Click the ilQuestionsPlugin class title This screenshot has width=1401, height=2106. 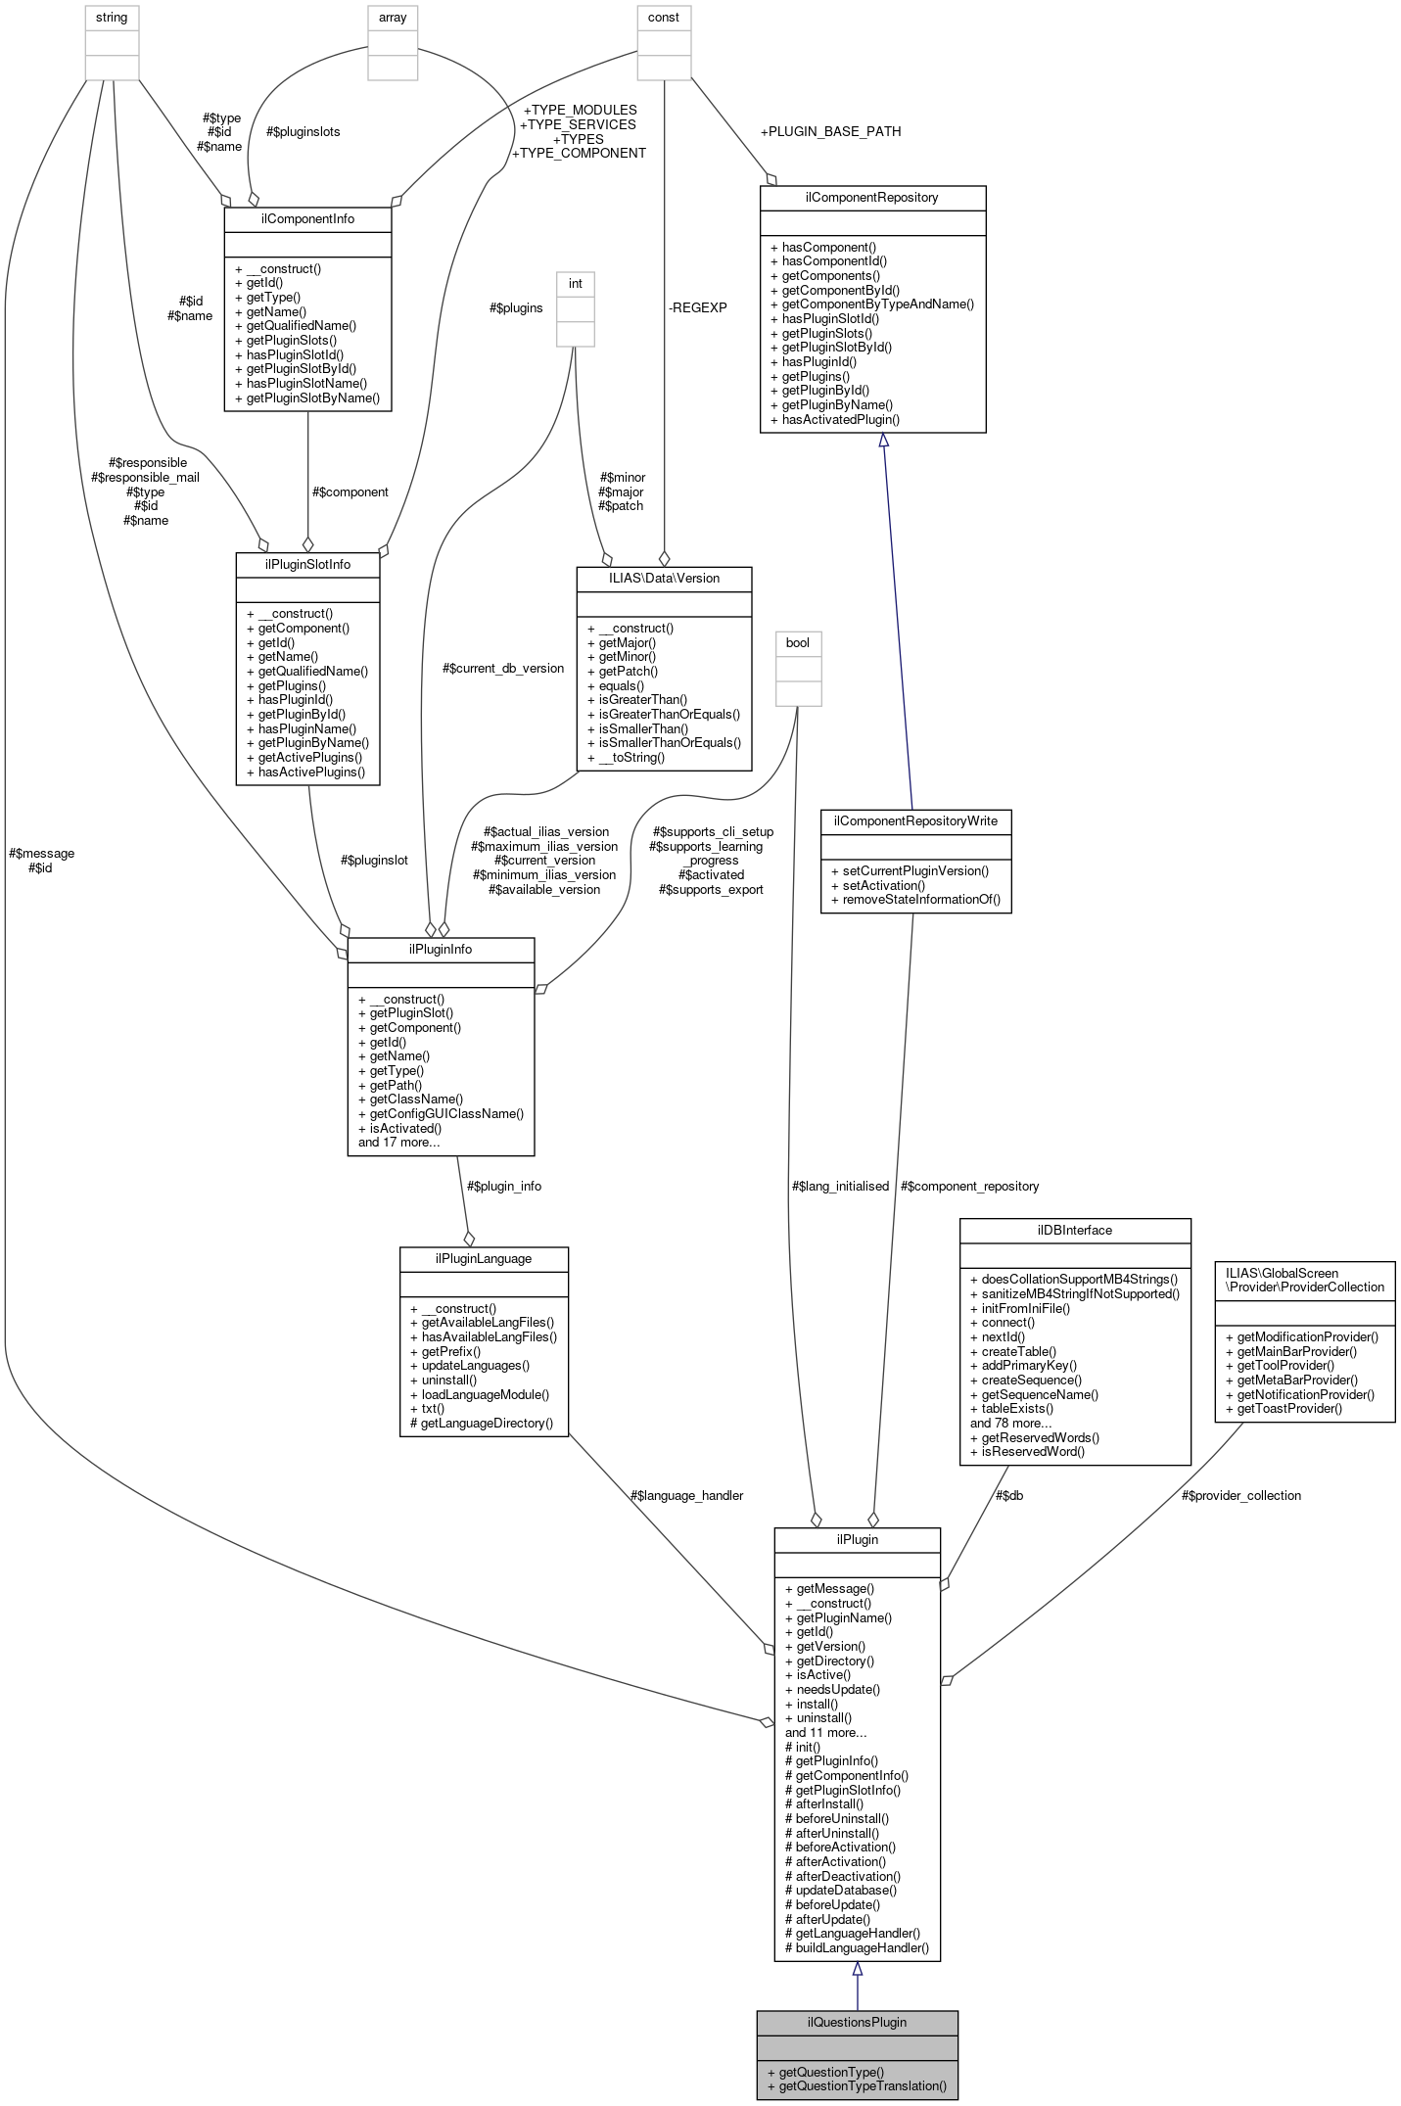click(857, 2022)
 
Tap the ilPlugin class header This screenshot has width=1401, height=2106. click(857, 1539)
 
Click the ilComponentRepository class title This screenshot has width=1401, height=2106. click(871, 198)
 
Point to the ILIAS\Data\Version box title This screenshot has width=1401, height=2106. click(664, 579)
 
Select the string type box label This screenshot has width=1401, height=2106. click(112, 18)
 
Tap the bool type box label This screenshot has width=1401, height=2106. click(798, 643)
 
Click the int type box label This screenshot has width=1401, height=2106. click(575, 284)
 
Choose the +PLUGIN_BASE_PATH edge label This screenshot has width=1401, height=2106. click(830, 131)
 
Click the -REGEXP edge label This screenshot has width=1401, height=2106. click(697, 307)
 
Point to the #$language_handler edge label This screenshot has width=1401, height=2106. click(686, 1495)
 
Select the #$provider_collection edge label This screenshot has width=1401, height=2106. click(1240, 1495)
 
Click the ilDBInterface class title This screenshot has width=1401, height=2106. click(1074, 1231)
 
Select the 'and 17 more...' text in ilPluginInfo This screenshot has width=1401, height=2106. click(398, 1142)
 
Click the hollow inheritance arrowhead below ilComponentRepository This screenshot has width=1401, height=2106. click(883, 442)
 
